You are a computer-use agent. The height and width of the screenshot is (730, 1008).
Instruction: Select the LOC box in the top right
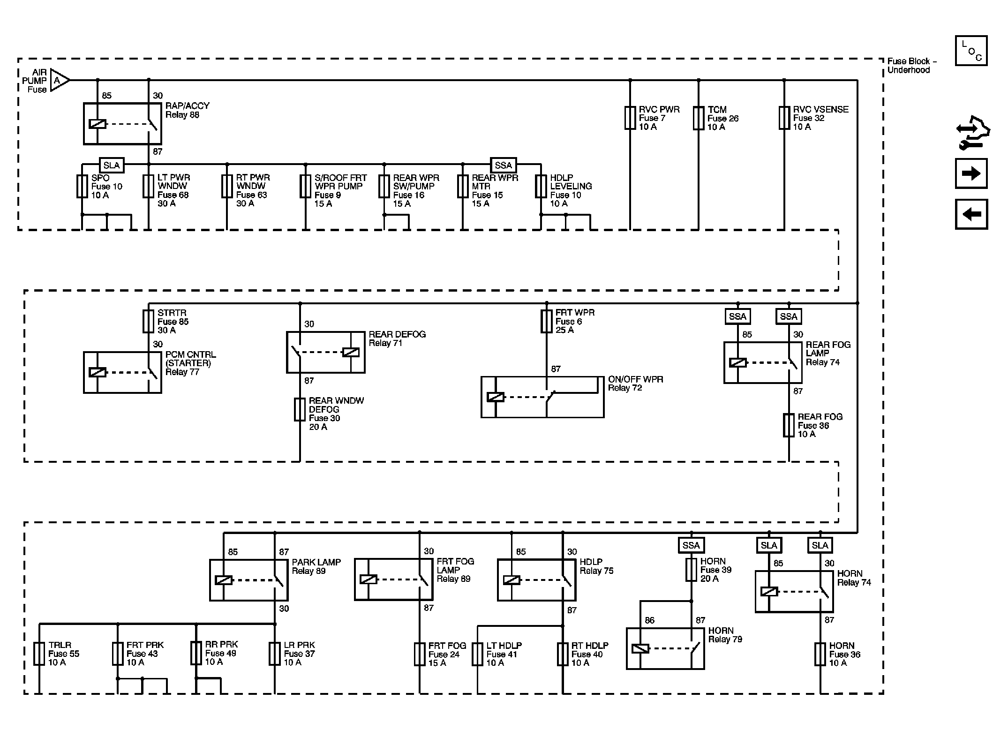pos(971,51)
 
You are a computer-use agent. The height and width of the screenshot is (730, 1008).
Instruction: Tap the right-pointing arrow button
pos(971,173)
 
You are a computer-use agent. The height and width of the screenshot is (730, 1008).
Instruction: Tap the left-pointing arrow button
pos(971,214)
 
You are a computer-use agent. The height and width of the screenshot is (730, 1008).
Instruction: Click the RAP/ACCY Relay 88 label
pos(187,110)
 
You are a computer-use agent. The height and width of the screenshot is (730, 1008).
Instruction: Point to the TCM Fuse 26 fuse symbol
pos(698,118)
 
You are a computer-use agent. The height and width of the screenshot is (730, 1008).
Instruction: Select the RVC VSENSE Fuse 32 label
pos(820,118)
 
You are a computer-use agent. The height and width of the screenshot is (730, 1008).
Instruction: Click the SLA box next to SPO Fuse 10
pos(112,165)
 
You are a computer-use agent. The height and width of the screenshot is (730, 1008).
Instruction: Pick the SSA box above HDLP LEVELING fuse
pos(503,165)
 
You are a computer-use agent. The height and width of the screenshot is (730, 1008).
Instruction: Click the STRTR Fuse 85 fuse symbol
pos(148,321)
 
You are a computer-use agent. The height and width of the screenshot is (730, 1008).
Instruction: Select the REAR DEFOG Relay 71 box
pos(325,352)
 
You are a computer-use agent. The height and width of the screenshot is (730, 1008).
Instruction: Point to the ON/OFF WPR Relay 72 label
pos(635,384)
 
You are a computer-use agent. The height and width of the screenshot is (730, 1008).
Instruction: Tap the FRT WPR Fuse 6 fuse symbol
pos(546,321)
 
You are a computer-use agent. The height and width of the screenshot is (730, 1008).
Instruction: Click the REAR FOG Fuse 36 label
pos(820,425)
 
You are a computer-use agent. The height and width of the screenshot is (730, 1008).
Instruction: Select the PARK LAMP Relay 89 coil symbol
pos(224,580)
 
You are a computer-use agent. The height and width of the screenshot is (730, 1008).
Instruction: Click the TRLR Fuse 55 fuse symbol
pos(39,654)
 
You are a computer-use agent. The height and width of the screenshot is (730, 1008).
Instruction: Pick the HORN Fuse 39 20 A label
pos(715,570)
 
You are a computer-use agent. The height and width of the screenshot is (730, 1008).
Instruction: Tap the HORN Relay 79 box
pos(665,648)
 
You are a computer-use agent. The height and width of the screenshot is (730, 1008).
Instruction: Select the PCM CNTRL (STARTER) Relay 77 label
pos(190,363)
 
